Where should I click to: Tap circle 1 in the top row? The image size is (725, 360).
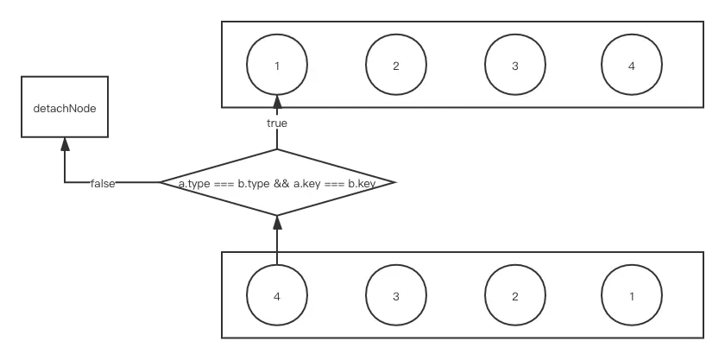[277, 66]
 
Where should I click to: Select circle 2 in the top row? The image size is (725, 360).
[395, 66]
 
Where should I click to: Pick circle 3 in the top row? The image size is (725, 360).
[514, 66]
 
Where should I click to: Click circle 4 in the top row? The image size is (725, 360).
[632, 66]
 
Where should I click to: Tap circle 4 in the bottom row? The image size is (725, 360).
[277, 296]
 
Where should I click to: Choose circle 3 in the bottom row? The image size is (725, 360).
[395, 296]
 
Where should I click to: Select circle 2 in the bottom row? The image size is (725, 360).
[514, 296]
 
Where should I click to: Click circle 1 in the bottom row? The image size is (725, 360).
[632, 296]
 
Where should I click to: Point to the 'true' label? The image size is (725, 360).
[276, 123]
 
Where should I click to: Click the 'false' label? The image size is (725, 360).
[103, 183]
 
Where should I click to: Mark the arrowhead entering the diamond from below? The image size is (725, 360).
[277, 225]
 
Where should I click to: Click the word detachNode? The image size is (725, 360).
[66, 111]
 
